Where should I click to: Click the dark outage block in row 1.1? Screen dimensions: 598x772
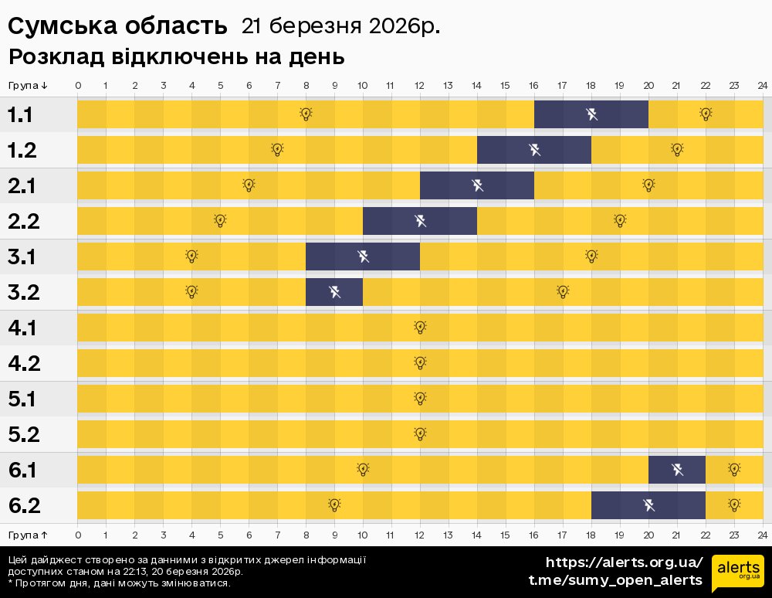pyautogui.click(x=591, y=114)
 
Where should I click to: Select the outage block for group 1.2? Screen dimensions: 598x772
pyautogui.click(x=534, y=150)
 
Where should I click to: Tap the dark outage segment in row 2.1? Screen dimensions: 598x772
pyautogui.click(x=477, y=185)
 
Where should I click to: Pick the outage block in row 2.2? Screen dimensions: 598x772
pyautogui.click(x=420, y=221)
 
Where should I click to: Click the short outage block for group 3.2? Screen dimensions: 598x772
pyautogui.click(x=334, y=292)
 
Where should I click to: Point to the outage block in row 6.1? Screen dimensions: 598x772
pyautogui.click(x=677, y=470)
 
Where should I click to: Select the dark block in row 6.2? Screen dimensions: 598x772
pyautogui.click(x=648, y=505)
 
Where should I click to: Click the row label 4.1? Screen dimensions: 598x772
pyautogui.click(x=23, y=328)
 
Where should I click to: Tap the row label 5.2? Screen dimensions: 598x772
pyautogui.click(x=23, y=435)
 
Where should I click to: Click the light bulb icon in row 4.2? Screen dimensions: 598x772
pyautogui.click(x=420, y=362)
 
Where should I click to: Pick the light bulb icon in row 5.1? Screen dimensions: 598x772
pyautogui.click(x=420, y=398)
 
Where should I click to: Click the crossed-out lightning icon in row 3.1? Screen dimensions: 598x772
pyautogui.click(x=363, y=256)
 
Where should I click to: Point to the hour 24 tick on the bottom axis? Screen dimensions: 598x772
pyautogui.click(x=762, y=535)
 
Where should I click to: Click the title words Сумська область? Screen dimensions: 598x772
pyautogui.click(x=117, y=26)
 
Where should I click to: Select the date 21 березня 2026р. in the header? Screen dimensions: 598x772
pyautogui.click(x=340, y=26)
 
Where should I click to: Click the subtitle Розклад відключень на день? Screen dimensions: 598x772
pyautogui.click(x=176, y=57)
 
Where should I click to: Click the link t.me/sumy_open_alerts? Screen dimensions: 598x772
pyautogui.click(x=615, y=580)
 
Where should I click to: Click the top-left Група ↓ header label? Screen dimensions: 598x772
pyautogui.click(x=28, y=85)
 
